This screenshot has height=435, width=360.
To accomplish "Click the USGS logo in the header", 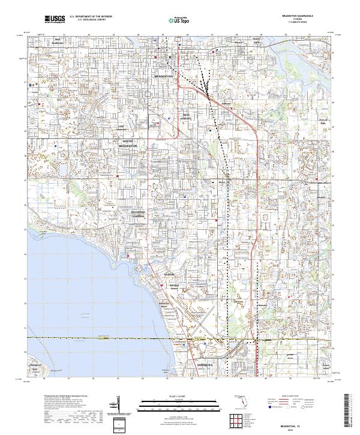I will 55,19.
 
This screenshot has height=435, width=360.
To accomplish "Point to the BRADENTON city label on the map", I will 163,77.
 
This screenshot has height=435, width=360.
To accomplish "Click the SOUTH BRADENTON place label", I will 128,143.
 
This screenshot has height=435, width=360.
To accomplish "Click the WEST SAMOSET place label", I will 188,116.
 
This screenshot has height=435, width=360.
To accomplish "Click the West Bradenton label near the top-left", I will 58,41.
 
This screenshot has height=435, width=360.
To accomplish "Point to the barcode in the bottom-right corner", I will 350,411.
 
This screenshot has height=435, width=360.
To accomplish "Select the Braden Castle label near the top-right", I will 255,42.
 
